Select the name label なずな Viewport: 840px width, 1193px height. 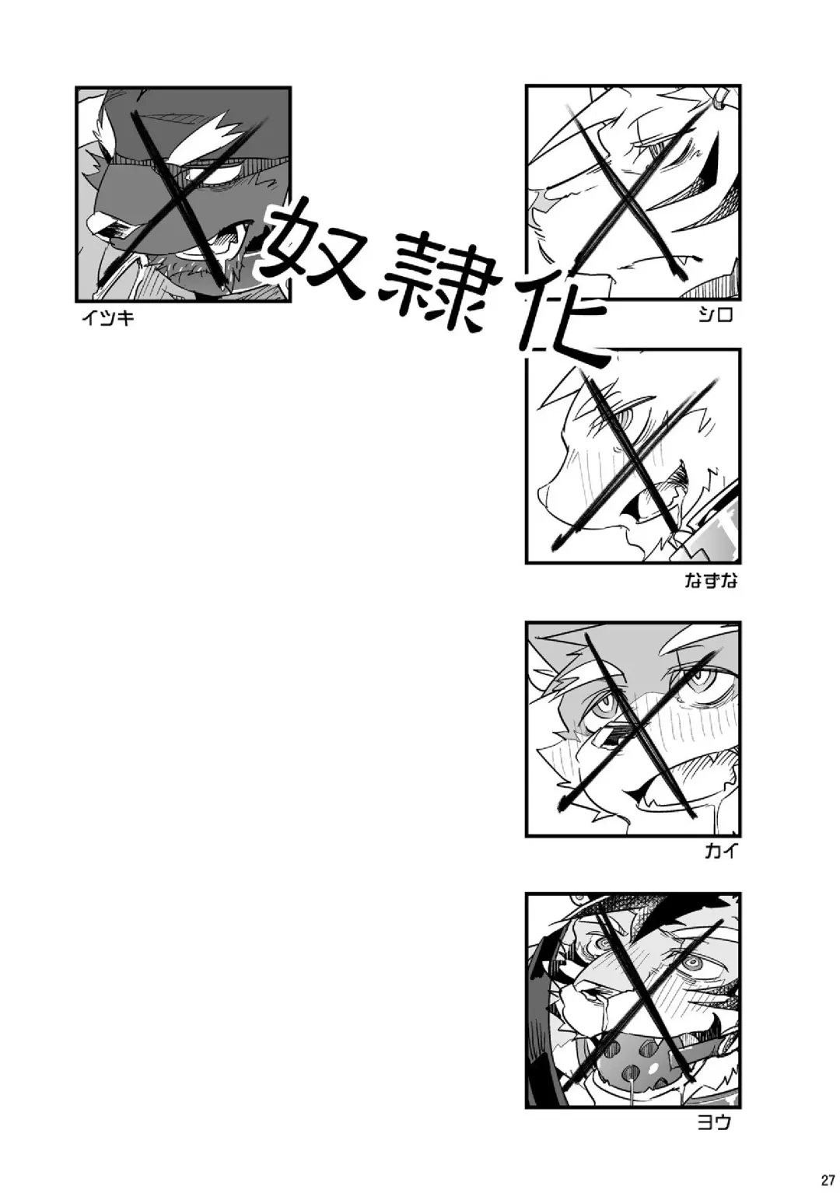(712, 582)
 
